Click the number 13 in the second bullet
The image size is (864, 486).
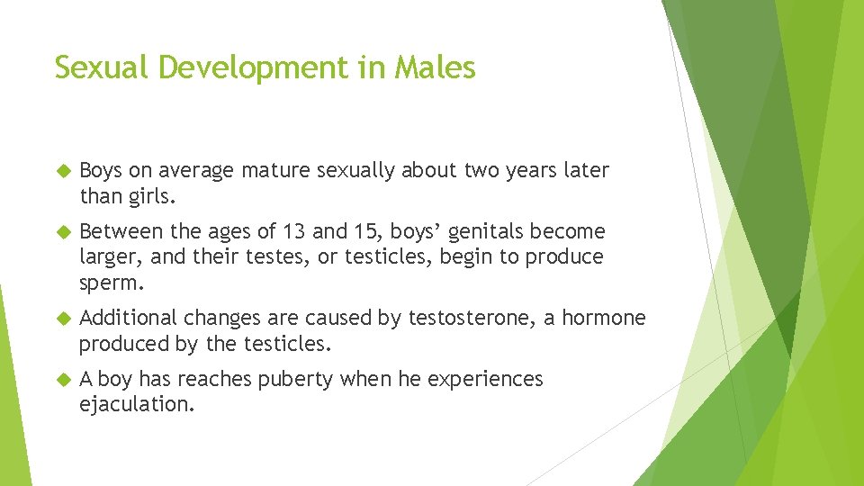[293, 231]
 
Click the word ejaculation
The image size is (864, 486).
[136, 404]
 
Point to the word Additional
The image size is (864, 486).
[128, 318]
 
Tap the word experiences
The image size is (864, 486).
[485, 379]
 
